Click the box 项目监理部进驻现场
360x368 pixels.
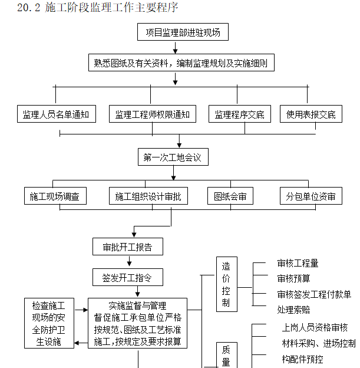pyautogui.click(x=183, y=32)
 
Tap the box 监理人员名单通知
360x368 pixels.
pyautogui.click(x=55, y=114)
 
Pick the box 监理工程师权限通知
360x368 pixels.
pyautogui.click(x=153, y=114)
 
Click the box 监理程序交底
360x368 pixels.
pyautogui.click(x=239, y=114)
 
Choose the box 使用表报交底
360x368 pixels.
pyautogui.click(x=311, y=114)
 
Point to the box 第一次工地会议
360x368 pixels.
pyautogui.click(x=173, y=157)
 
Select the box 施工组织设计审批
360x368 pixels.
pyautogui.click(x=148, y=196)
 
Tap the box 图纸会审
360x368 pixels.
pyautogui.click(x=230, y=196)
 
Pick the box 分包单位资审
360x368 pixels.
pyautogui.click(x=311, y=196)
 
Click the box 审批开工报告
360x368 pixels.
pyautogui.click(x=127, y=247)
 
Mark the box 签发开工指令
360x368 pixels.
pyautogui.click(x=127, y=277)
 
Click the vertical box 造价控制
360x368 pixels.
pyautogui.click(x=226, y=284)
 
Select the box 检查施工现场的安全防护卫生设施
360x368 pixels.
pyautogui.click(x=49, y=323)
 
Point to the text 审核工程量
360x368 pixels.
pyautogui.click(x=298, y=264)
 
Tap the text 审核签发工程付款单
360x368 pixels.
pyautogui.click(x=314, y=294)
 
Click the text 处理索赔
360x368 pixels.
pyautogui.click(x=293, y=310)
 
